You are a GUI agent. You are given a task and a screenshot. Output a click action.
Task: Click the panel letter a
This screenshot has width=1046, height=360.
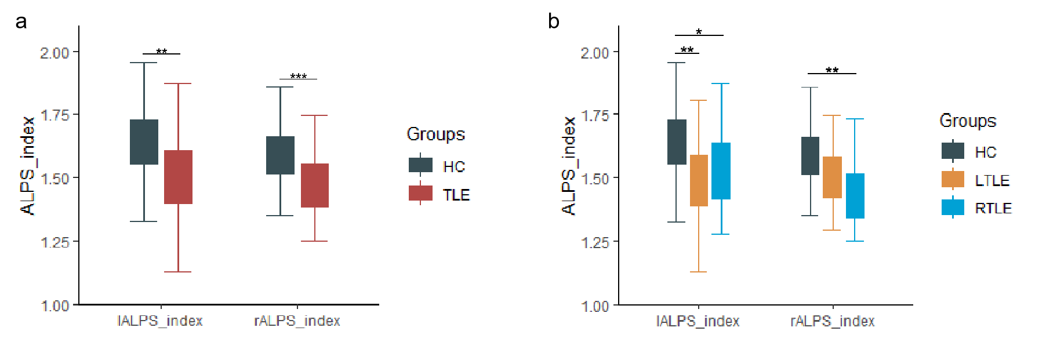pyautogui.click(x=21, y=22)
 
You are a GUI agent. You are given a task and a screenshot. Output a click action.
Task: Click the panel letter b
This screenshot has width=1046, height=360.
pyautogui.click(x=554, y=22)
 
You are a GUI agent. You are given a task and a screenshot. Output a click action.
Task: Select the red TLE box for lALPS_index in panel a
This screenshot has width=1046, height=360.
pyautogui.click(x=178, y=177)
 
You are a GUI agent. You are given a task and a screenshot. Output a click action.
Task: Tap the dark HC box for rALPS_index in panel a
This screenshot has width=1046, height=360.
pyautogui.click(x=280, y=155)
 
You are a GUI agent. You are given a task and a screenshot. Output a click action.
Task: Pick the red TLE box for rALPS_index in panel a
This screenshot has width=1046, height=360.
pyautogui.click(x=315, y=185)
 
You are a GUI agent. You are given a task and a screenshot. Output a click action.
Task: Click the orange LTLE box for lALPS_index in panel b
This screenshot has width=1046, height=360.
pyautogui.click(x=699, y=180)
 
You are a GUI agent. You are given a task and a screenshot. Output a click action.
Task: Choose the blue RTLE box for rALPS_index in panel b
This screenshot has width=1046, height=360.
pyautogui.click(x=855, y=196)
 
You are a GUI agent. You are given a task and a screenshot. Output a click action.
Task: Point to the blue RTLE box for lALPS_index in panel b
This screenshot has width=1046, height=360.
pyautogui.click(x=721, y=171)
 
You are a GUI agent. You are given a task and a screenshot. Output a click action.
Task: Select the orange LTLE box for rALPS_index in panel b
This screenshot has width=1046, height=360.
pyautogui.click(x=832, y=177)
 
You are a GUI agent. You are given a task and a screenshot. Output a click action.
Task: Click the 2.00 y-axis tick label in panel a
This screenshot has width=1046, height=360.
pyautogui.click(x=55, y=53)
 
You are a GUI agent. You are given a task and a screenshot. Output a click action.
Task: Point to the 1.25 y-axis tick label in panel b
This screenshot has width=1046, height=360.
pyautogui.click(x=595, y=242)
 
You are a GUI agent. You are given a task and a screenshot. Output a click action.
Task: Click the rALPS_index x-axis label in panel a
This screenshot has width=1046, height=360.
pyautogui.click(x=297, y=321)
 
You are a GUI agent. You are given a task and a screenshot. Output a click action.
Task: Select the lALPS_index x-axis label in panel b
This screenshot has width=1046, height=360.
pyautogui.click(x=698, y=321)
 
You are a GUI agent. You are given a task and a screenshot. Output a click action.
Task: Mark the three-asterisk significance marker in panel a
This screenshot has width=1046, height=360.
pyautogui.click(x=298, y=77)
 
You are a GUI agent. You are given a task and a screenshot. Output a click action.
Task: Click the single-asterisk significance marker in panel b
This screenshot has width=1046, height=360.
pyautogui.click(x=699, y=32)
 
